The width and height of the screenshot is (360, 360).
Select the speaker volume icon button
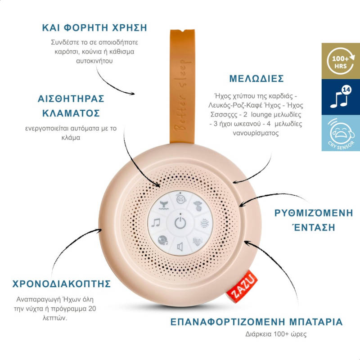pyautogui.click(x=180, y=247)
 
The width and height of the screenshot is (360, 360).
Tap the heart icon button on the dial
pyautogui.click(x=198, y=240)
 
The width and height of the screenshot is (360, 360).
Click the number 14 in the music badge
pyautogui.click(x=346, y=90)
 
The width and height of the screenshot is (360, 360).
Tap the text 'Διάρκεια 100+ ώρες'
pyautogui.click(x=257, y=334)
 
